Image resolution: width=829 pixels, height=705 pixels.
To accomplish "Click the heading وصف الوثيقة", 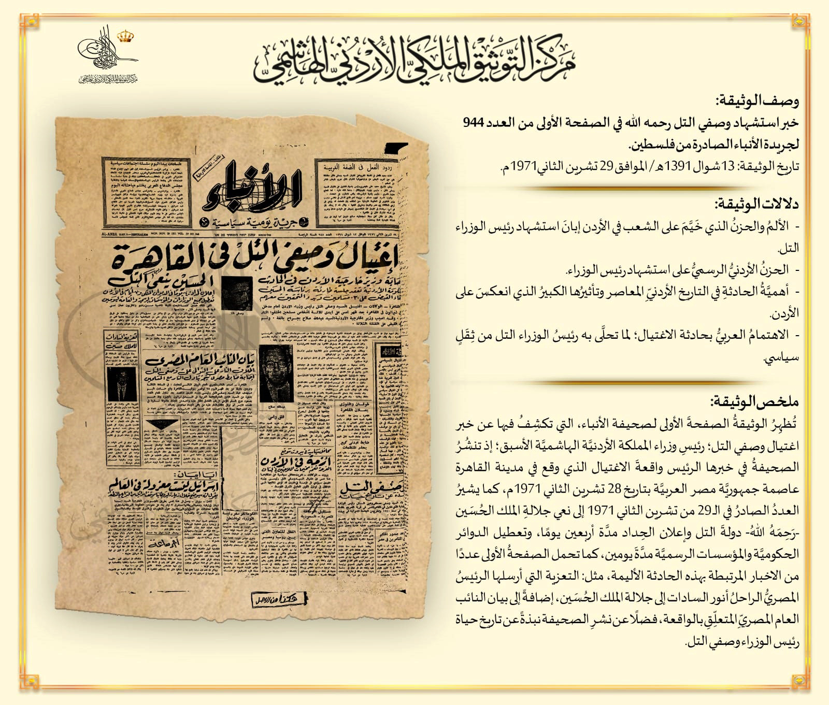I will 757,100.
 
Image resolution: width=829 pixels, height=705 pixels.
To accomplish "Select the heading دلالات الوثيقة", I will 757,204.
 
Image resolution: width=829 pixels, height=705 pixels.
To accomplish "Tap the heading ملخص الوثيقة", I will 755,401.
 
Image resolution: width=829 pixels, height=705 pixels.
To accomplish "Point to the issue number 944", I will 473,123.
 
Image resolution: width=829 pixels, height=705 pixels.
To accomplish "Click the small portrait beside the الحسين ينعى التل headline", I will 236,292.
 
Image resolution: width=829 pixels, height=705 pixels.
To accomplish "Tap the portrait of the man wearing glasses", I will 275,373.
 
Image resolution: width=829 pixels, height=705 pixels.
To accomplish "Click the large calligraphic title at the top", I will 414,62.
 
